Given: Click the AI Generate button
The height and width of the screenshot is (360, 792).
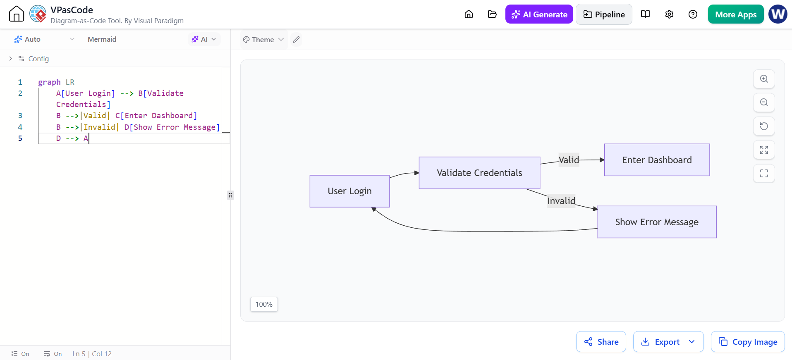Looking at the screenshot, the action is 539,14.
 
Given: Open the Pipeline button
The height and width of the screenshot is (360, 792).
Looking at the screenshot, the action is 604,14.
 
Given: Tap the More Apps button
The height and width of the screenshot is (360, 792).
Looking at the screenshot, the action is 736,14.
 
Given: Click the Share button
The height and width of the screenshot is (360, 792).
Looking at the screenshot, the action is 601,342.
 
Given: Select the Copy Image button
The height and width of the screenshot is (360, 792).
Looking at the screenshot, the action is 748,342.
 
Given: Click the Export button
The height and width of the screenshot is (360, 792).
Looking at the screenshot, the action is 668,342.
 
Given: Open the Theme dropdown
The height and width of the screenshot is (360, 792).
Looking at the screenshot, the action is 263,40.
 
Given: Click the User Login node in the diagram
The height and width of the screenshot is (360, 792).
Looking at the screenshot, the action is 350,191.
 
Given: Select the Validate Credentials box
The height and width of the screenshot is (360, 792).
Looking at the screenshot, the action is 479,173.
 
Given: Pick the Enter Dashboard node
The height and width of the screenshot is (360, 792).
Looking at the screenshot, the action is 657,160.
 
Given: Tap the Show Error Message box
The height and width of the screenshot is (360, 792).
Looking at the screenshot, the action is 657,222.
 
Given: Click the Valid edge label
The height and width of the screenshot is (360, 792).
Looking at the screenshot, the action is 569,160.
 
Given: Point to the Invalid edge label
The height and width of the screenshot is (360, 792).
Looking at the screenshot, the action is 561,201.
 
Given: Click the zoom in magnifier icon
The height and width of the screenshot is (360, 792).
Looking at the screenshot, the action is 764,79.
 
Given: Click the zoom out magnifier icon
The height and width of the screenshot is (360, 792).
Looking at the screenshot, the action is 764,103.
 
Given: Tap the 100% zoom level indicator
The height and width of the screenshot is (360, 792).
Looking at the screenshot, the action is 264,304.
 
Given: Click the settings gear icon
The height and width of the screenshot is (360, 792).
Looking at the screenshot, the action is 669,14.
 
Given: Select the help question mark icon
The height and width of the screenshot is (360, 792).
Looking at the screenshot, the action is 693,14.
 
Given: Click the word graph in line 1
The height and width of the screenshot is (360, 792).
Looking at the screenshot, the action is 49,82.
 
